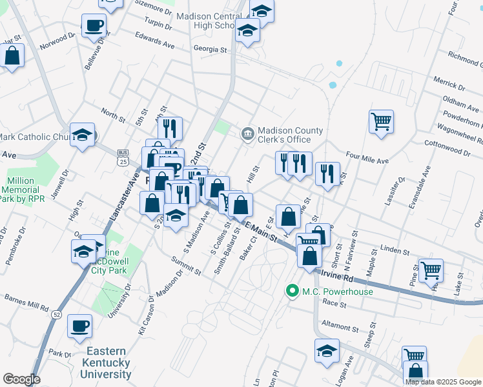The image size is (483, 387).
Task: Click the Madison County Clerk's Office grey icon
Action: tap(247, 134)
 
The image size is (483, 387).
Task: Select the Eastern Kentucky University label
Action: tap(110, 362)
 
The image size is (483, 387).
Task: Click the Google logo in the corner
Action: tap(21, 379)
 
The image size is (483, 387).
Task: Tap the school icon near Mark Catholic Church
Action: tap(82, 135)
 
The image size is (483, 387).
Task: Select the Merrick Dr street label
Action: tap(449, 83)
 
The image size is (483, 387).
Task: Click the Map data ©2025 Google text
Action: tap(444, 382)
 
